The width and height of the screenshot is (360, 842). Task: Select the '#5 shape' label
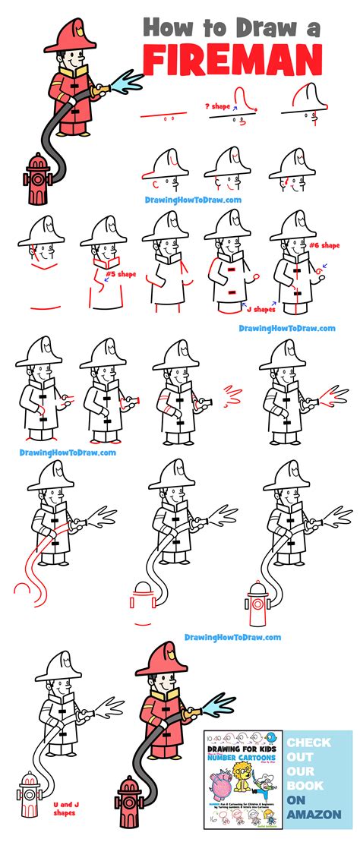tap(120, 273)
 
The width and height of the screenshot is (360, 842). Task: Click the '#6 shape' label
tap(324, 245)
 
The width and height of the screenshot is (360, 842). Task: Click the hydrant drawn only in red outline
tap(144, 602)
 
